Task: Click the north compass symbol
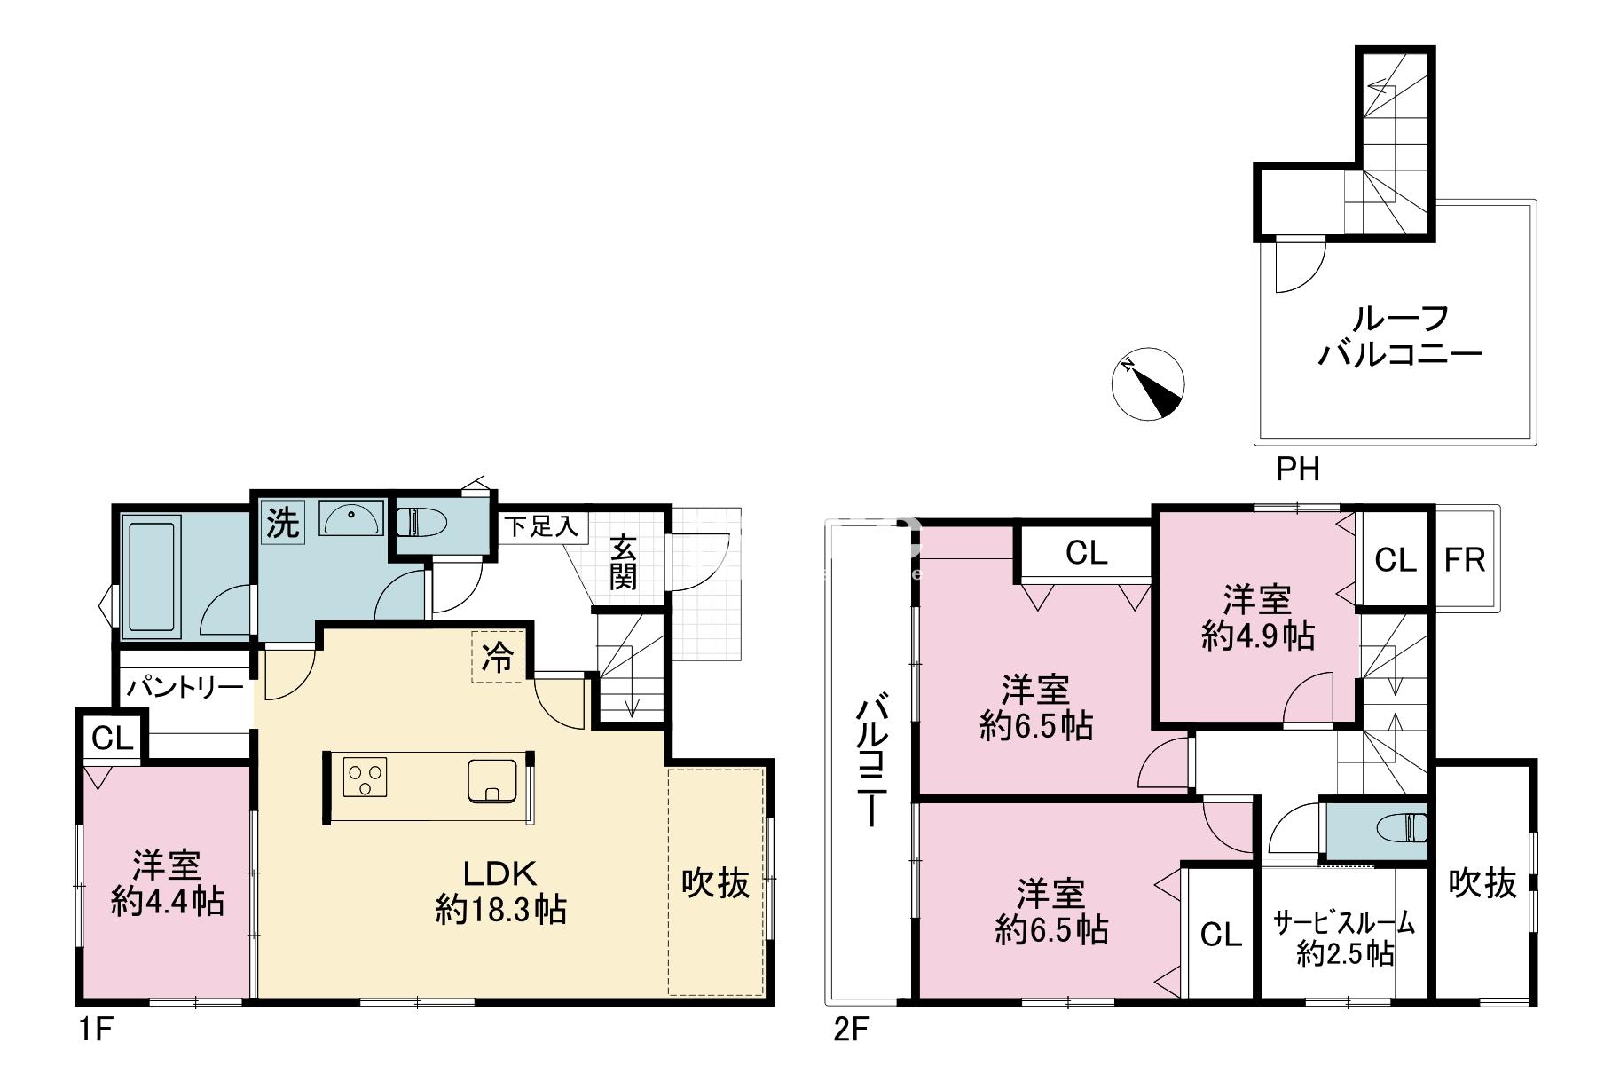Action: pos(1148,383)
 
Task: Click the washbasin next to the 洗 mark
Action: pos(352,518)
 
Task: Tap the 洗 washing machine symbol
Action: pos(283,522)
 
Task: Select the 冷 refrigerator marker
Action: pos(499,657)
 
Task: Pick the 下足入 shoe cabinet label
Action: pos(541,526)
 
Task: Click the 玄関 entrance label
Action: pos(623,565)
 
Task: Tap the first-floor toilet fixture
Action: pos(424,520)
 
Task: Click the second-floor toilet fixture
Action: pos(1402,827)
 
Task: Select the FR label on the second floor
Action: pos(1464,560)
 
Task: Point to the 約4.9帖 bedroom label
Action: pos(1257,636)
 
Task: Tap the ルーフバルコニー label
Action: pos(1400,336)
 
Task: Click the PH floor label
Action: pos(1298,468)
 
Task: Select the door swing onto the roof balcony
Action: pos(1299,265)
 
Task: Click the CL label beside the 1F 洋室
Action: pos(112,739)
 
